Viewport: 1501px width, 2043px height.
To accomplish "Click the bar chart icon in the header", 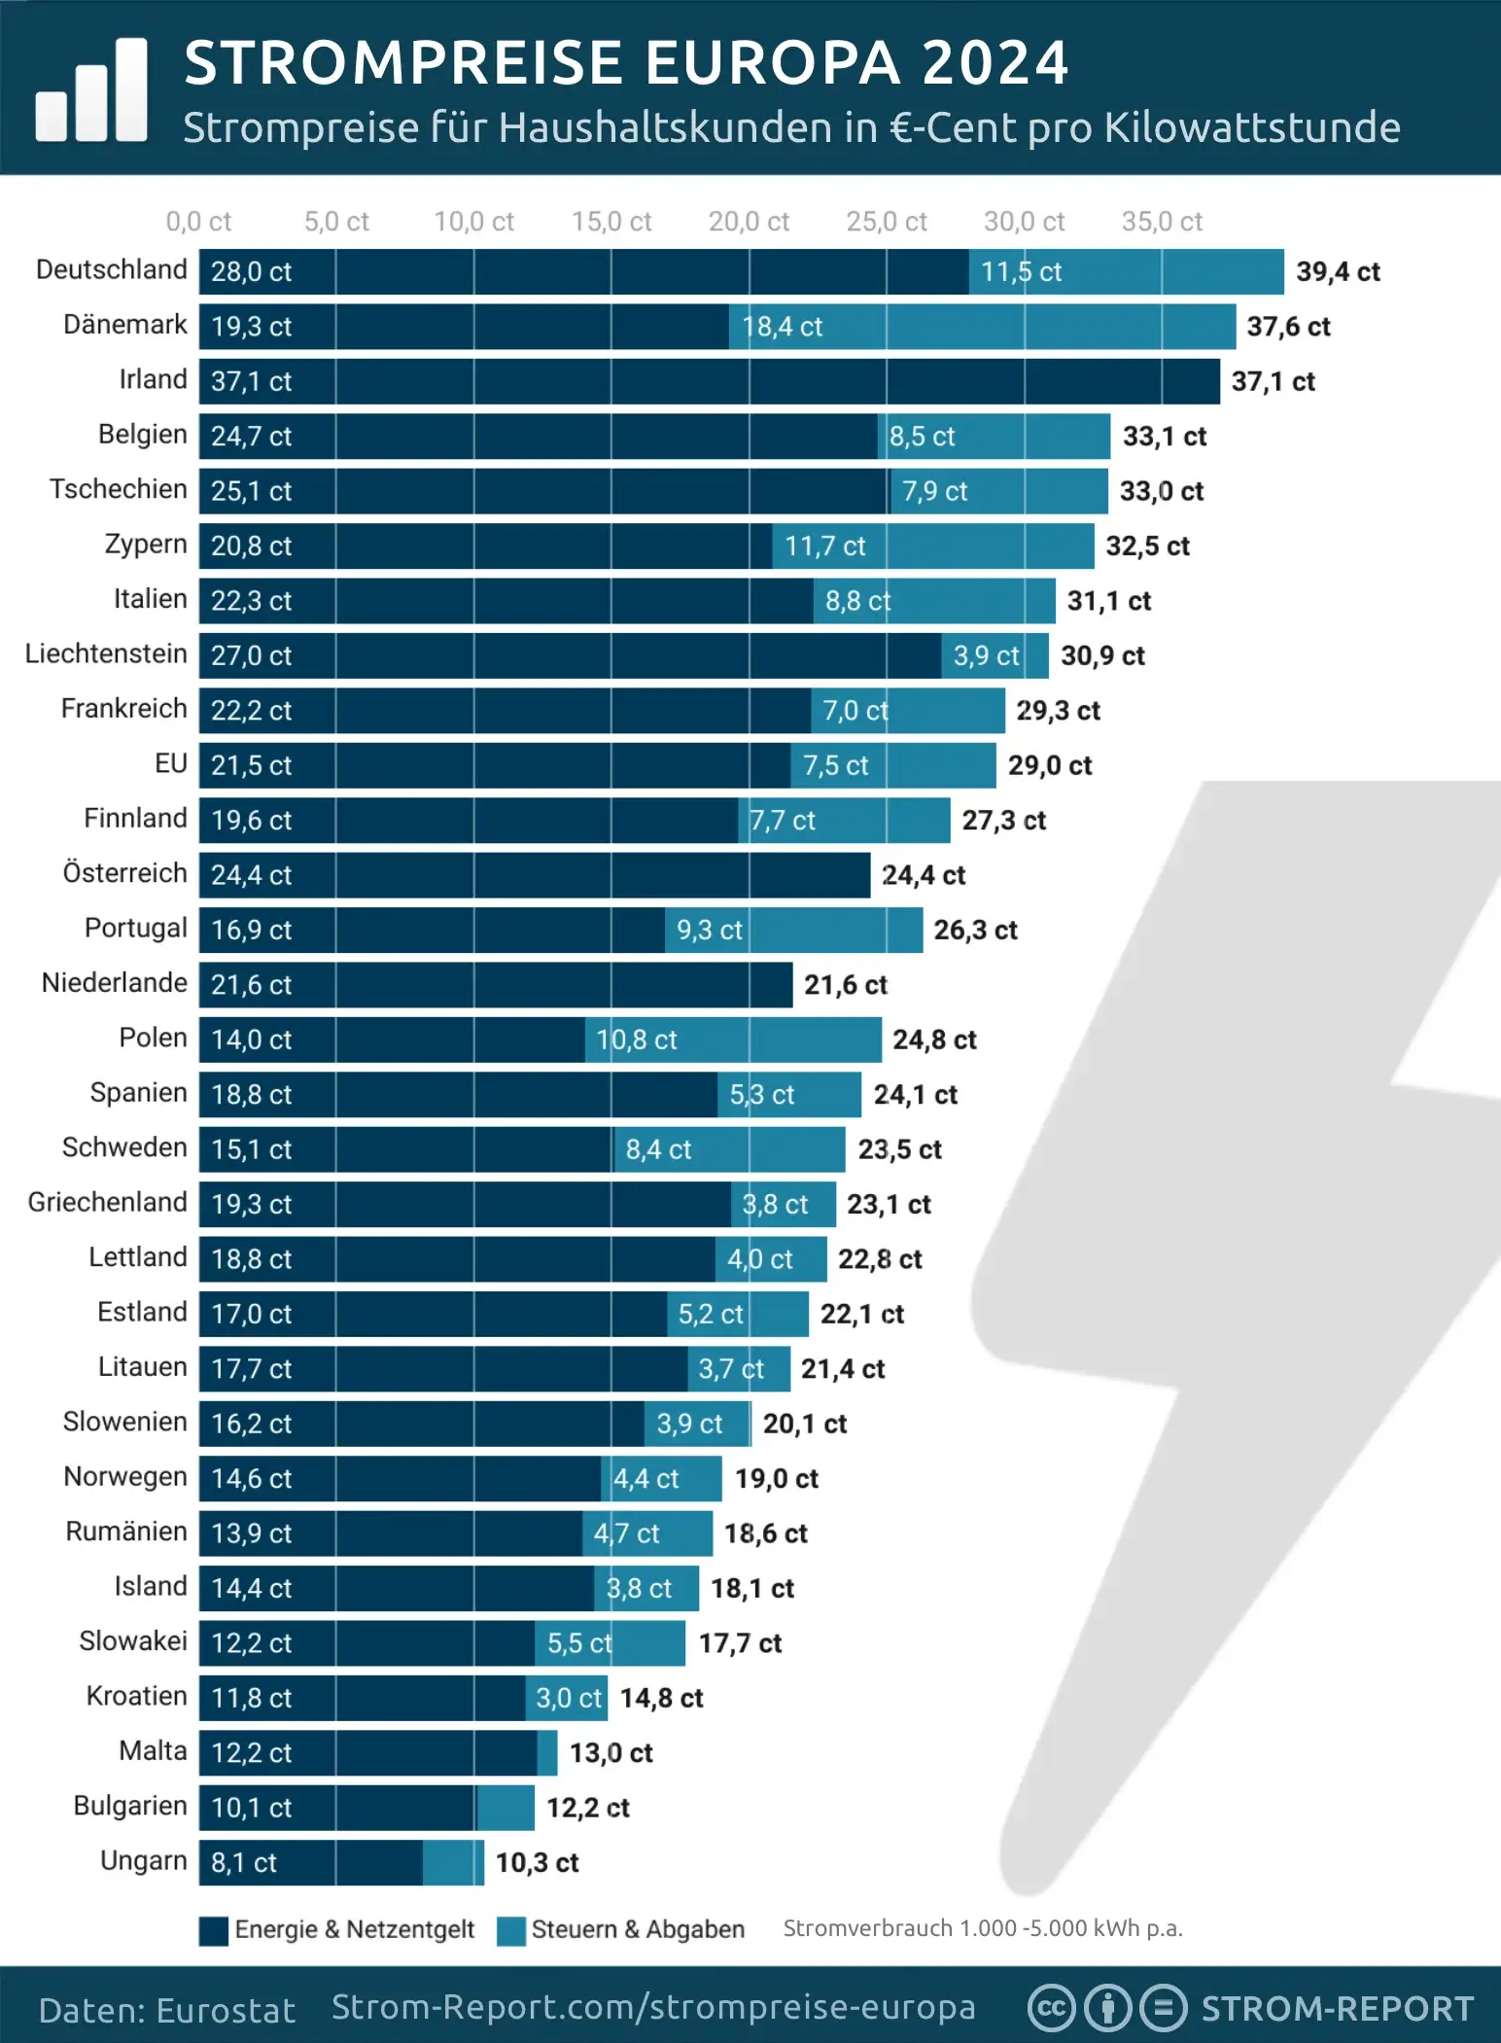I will [91, 91].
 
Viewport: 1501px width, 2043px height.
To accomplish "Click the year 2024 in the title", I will [995, 63].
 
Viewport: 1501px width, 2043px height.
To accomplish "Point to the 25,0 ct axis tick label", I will [886, 222].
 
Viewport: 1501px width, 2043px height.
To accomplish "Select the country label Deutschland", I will [111, 269].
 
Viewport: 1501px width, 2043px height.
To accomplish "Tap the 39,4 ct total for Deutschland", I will [1338, 272].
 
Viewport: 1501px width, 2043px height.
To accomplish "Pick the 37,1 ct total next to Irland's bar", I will [1273, 381].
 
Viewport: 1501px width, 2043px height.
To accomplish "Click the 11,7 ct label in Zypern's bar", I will [824, 546].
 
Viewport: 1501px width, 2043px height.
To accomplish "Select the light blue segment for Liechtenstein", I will [995, 655].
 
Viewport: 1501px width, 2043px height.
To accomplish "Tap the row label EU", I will [171, 764].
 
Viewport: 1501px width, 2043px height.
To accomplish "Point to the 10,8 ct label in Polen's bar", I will [637, 1040].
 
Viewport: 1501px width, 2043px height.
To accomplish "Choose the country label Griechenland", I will [107, 1203].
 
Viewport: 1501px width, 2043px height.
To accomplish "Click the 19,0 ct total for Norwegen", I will [776, 1479].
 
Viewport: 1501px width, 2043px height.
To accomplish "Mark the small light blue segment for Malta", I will [547, 1752].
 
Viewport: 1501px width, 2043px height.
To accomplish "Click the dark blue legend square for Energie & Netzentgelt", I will [214, 1930].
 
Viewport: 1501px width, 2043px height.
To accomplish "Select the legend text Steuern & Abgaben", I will [638, 1929].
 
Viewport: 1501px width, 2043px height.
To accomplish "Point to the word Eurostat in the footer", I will [225, 2011].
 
